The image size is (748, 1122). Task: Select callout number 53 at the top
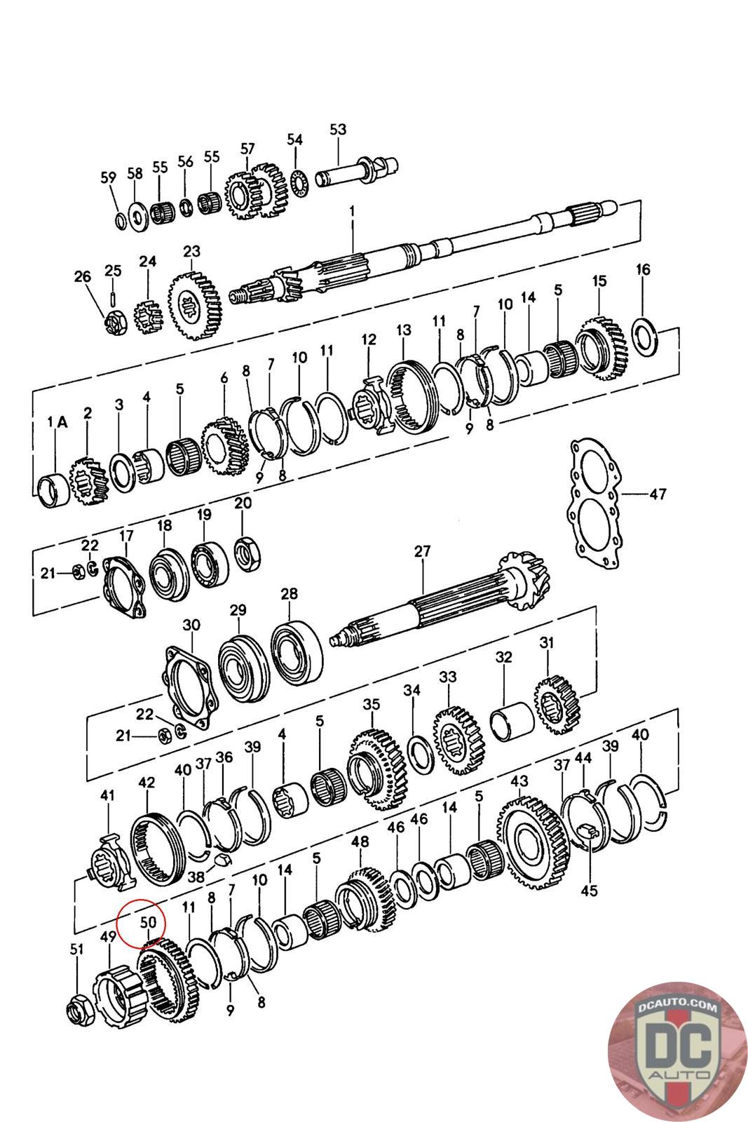[338, 130]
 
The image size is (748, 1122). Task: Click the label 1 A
[57, 422]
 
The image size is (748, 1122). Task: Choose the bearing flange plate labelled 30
[189, 684]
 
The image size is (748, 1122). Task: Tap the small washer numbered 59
[120, 220]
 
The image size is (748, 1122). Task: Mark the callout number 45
[589, 891]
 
